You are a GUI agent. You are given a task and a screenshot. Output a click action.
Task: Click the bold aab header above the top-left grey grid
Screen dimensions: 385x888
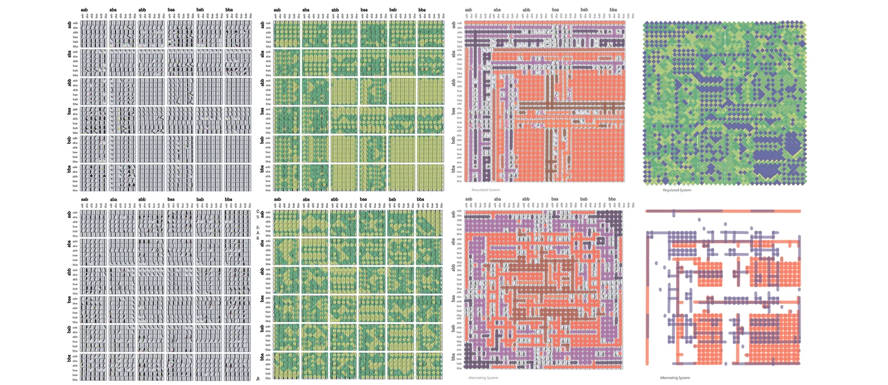pos(85,10)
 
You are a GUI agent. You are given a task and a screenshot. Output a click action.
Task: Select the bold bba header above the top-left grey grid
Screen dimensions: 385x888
pos(229,10)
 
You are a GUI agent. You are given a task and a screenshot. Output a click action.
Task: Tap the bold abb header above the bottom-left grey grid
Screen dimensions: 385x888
pos(143,200)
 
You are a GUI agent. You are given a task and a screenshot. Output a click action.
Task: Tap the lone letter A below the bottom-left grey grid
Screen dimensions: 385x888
pos(258,378)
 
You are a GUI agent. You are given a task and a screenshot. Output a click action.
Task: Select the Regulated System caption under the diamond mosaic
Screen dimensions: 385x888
pos(677,190)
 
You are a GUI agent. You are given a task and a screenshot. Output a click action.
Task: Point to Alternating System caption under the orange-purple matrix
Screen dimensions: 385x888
pos(483,377)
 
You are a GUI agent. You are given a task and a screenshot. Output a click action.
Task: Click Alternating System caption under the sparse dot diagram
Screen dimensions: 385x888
pos(675,377)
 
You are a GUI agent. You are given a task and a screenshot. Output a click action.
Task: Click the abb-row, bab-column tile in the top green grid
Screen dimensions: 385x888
pos(401,92)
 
